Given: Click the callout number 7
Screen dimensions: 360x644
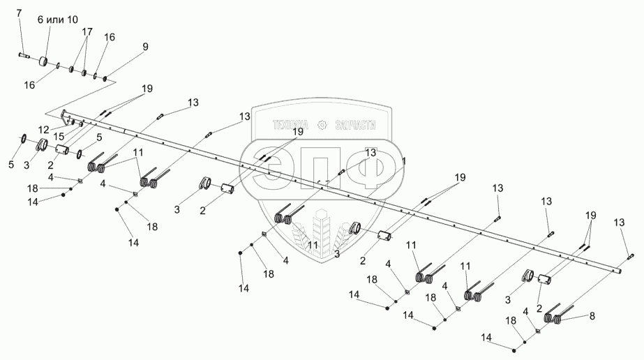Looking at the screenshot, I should (19, 14).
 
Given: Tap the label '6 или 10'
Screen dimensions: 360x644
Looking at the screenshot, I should (62, 20).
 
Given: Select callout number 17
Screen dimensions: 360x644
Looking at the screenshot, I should (87, 32).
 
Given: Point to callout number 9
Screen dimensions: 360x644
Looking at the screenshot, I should (145, 47).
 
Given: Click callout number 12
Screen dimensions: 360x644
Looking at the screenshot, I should (44, 130).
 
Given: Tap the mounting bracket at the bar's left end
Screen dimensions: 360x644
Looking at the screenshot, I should (65, 115).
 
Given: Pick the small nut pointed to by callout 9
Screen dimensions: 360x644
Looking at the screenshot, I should (105, 79).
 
